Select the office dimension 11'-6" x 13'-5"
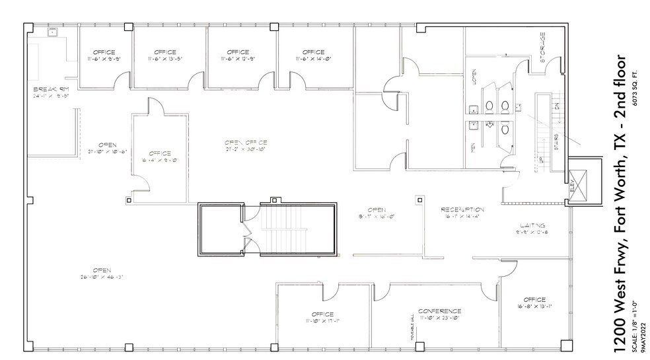click(x=164, y=59)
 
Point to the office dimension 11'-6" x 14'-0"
click(x=313, y=59)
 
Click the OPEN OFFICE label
click(x=245, y=142)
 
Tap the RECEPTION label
click(x=463, y=209)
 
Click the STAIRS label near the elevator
click(x=557, y=141)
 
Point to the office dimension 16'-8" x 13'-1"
click(x=535, y=306)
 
